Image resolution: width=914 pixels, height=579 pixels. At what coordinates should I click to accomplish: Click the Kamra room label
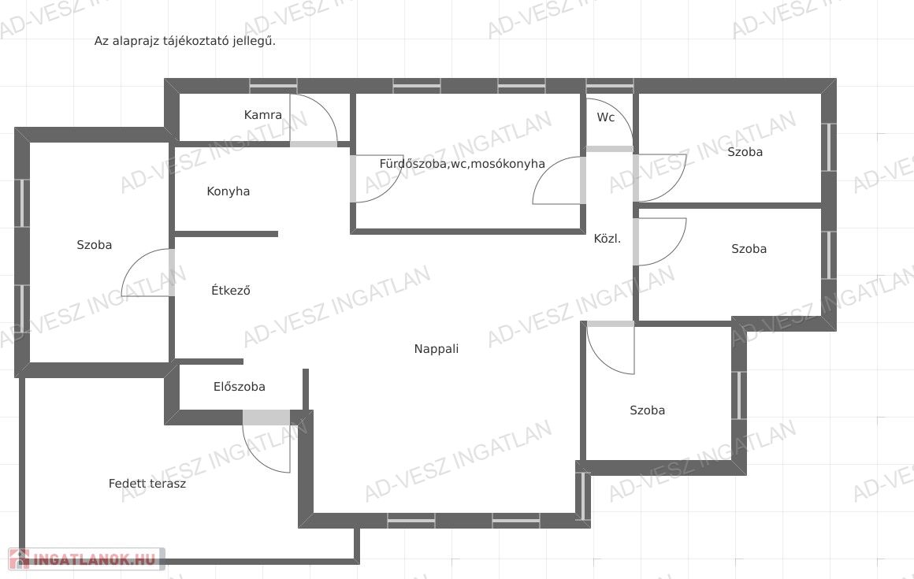(263, 115)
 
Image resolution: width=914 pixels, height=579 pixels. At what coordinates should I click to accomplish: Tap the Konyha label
(228, 191)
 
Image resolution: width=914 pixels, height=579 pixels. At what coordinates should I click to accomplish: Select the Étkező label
(231, 290)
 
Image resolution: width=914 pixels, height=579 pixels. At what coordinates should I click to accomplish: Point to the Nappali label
(436, 349)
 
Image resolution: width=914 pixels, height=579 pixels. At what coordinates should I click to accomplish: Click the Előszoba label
(239, 386)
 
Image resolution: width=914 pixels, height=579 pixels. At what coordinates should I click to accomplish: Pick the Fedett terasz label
(147, 484)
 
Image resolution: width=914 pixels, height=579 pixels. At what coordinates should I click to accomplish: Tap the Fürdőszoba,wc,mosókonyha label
(463, 164)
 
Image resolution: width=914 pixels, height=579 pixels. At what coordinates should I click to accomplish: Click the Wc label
(606, 117)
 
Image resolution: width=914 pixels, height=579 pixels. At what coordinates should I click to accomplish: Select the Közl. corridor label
(607, 238)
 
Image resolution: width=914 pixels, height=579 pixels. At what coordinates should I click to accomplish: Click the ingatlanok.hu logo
(86, 559)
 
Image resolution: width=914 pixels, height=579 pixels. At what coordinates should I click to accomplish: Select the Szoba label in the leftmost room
(94, 245)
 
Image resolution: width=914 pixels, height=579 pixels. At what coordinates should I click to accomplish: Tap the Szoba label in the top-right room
(745, 151)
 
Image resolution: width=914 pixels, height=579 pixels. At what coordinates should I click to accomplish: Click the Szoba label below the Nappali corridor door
(647, 410)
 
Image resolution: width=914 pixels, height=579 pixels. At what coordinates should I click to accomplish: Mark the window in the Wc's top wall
(610, 86)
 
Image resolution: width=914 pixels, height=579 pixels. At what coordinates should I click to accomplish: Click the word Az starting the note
(102, 41)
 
